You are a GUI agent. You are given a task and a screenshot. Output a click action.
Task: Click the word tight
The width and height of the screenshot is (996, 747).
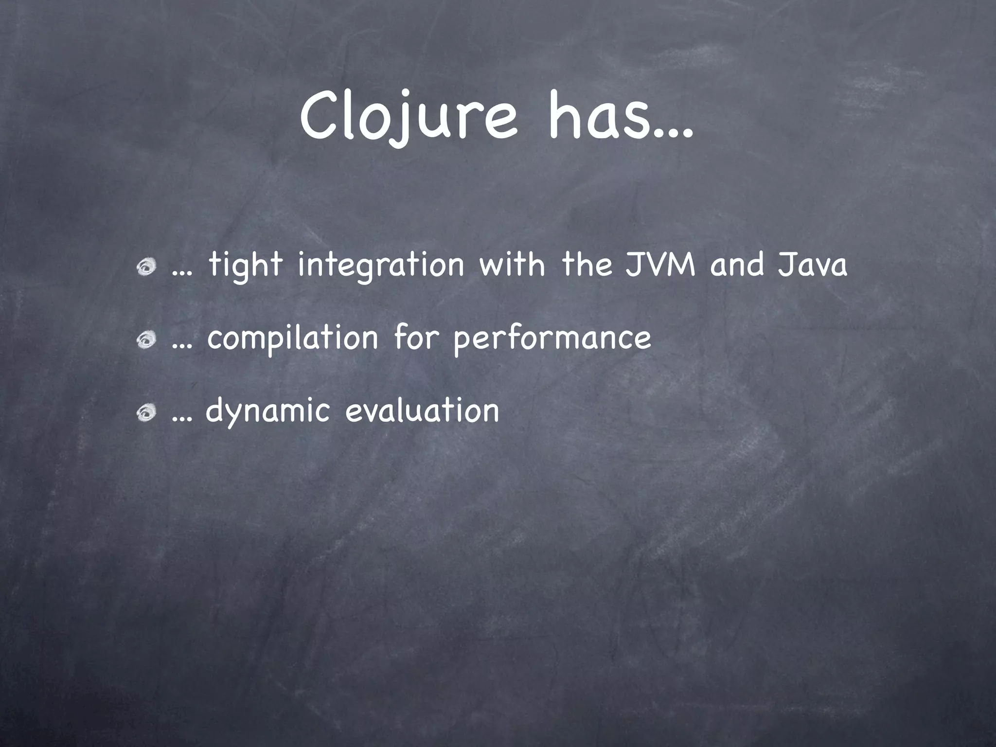246,266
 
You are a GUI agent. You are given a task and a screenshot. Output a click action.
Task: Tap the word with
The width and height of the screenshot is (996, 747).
513,265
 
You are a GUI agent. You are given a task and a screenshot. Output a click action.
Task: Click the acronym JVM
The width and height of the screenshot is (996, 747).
660,265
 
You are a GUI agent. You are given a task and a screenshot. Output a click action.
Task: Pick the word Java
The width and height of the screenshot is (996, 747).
813,265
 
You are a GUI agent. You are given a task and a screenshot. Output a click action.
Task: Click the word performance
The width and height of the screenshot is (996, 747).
552,339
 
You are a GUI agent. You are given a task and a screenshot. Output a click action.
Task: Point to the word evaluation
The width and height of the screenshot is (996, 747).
422,410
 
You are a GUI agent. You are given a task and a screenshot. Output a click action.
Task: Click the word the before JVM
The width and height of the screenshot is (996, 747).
587,265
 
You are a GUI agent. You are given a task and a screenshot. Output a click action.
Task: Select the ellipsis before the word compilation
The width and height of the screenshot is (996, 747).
182,346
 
